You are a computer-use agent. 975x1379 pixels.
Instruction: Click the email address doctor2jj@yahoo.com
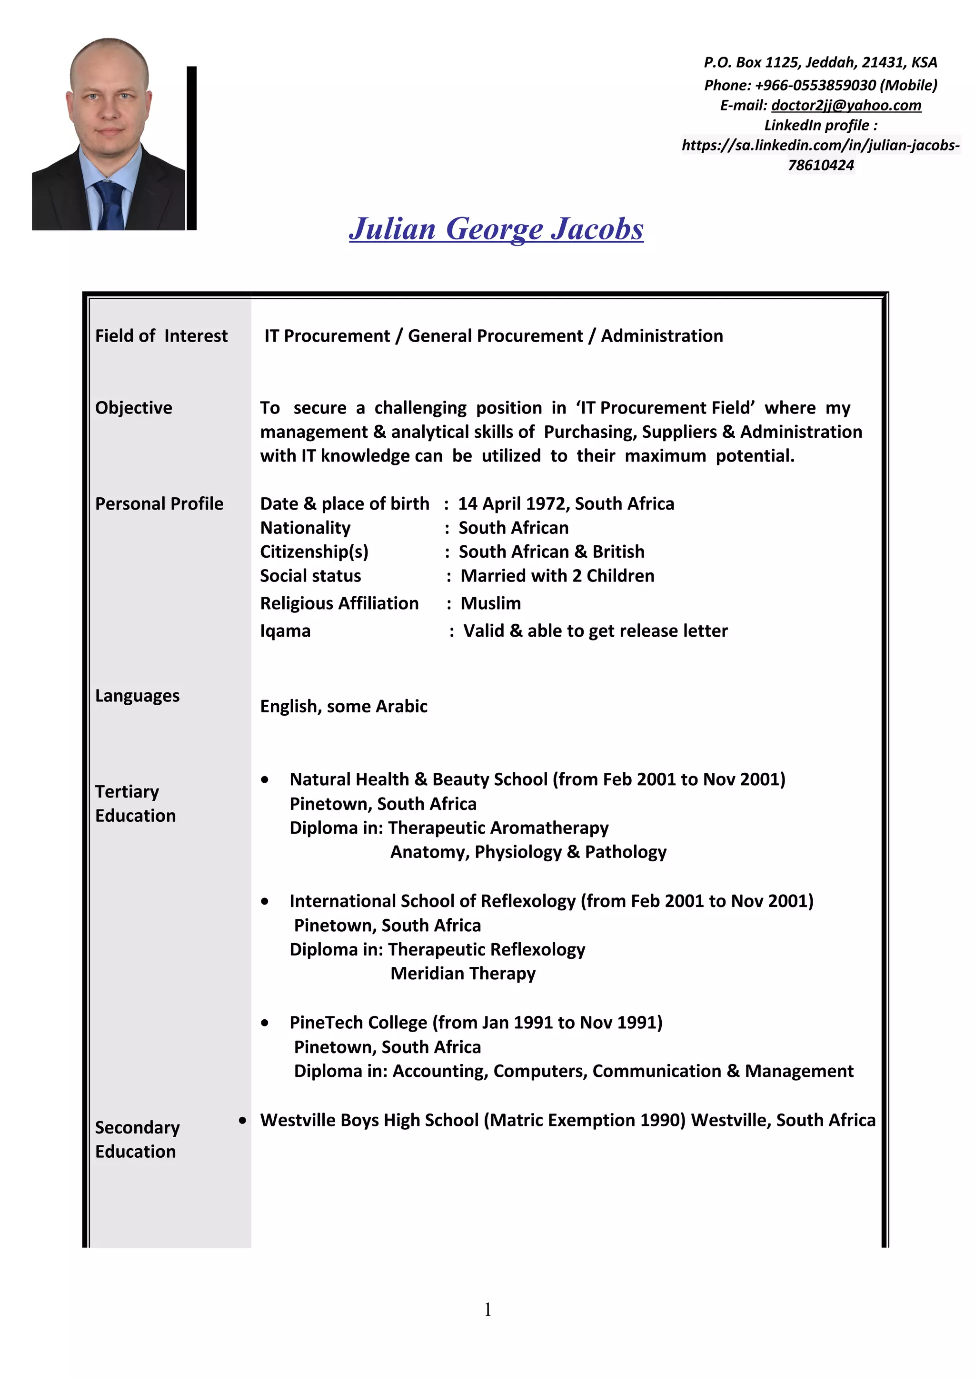pos(846,105)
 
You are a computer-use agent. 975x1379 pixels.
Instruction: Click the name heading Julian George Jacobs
pos(496,229)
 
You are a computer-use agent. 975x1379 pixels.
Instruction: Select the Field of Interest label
pos(161,336)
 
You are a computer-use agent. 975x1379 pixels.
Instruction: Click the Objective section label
pos(133,408)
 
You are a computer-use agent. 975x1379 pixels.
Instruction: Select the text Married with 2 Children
pos(557,575)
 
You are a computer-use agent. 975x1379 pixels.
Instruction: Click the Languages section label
pos(137,696)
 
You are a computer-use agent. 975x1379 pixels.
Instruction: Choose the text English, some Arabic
pos(344,706)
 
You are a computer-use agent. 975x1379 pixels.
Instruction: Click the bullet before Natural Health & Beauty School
pos(265,779)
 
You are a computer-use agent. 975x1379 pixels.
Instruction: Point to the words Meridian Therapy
pos(463,973)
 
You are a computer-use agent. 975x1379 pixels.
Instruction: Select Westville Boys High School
pos(369,1120)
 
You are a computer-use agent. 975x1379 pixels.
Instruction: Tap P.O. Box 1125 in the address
pos(750,62)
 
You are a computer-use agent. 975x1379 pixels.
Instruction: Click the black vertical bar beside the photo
pos(192,148)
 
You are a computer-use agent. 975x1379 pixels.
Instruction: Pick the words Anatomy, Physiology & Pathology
pos(528,852)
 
